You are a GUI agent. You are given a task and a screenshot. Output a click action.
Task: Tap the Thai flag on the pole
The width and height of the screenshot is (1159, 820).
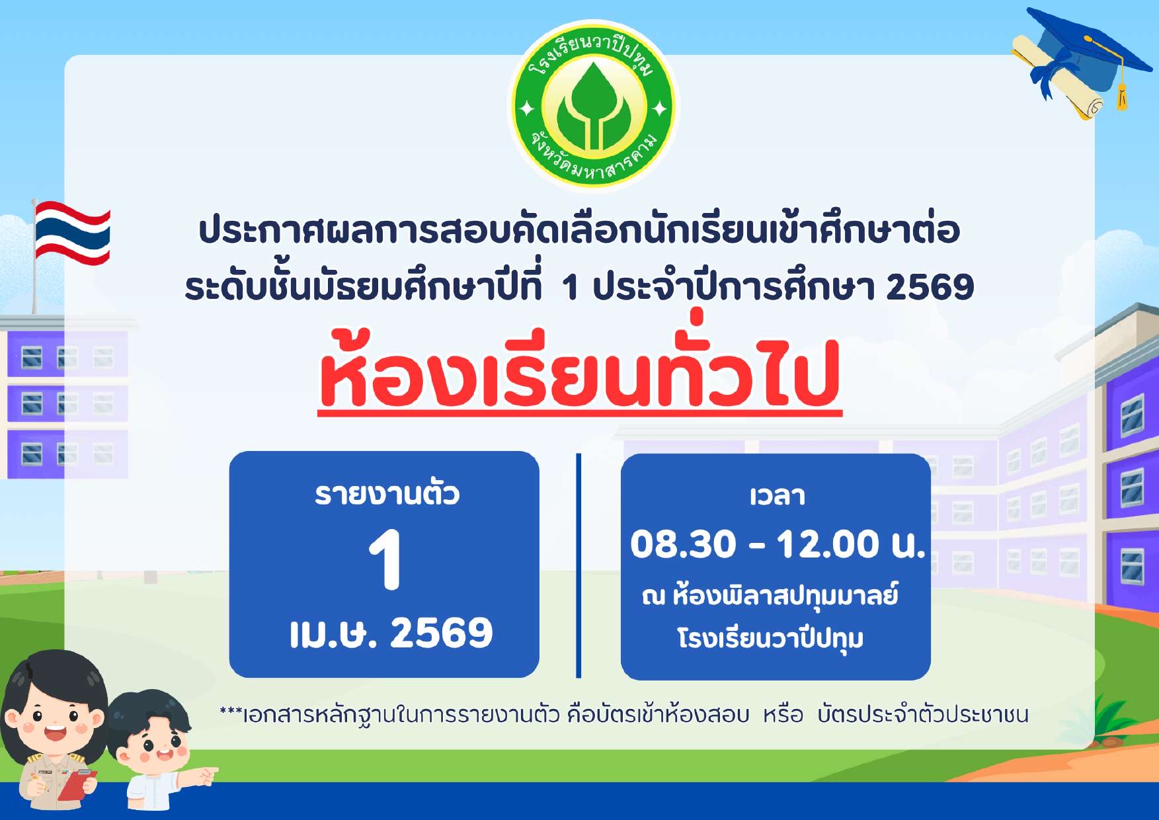point(72,233)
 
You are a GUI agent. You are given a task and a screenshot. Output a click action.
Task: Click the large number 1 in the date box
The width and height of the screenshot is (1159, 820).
point(385,559)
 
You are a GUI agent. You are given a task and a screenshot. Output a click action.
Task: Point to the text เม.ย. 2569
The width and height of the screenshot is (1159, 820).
point(391,633)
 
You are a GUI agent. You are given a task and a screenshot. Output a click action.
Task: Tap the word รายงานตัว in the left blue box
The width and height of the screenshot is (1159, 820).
point(387,493)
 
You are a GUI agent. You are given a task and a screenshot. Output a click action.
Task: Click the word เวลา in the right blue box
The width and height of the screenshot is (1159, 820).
point(778,496)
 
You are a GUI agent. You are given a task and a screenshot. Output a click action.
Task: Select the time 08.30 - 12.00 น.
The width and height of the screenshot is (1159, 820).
point(778,544)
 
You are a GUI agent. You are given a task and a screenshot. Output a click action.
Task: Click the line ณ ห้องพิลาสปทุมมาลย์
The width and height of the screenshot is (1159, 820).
point(770,595)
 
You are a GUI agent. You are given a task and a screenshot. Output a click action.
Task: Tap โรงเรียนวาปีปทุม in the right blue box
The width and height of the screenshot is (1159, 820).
point(770,639)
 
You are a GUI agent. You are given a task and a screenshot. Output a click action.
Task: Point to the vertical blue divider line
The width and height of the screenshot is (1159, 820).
point(579,565)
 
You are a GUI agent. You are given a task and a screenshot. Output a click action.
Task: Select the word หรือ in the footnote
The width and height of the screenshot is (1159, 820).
point(783,715)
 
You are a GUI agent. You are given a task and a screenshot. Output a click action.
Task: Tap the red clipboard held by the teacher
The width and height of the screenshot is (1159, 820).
point(77,785)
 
